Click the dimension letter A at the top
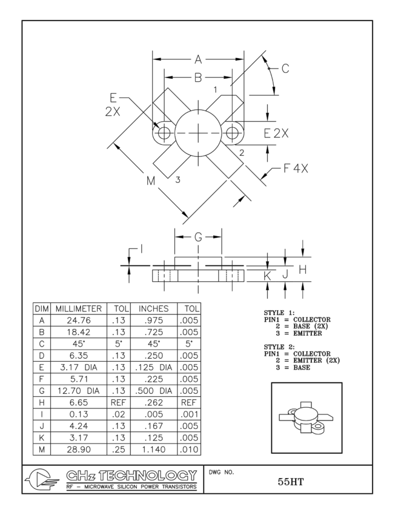coord(198,59)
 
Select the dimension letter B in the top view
coord(198,78)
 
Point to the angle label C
coord(285,68)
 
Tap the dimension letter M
coord(151,181)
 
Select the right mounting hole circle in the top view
coord(233,133)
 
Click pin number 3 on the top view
coord(178,180)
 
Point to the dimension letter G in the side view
coord(199,238)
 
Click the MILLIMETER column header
coord(79,308)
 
